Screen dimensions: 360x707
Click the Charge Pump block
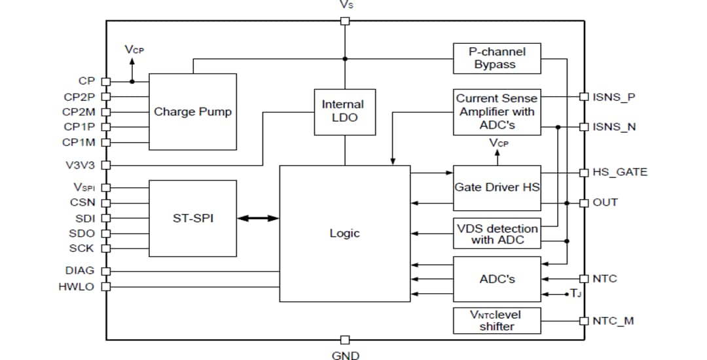[x=192, y=112]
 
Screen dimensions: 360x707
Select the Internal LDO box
[x=344, y=112]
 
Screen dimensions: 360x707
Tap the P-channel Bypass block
[x=497, y=58]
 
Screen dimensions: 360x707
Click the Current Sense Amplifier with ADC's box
[x=497, y=112]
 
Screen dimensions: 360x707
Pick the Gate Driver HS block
[x=497, y=187]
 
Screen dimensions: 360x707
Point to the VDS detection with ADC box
[x=497, y=234]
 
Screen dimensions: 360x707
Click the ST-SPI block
[x=192, y=218]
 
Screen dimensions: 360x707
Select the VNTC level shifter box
[x=497, y=320]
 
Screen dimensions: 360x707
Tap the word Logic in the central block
[x=344, y=234]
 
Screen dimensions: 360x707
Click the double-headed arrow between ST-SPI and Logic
[x=258, y=219]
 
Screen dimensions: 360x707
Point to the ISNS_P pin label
[x=614, y=97]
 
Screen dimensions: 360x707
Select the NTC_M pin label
[x=613, y=321]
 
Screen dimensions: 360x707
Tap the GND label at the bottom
[x=346, y=355]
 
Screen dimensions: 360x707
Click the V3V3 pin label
[x=79, y=165]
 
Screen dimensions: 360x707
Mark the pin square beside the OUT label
[x=584, y=202]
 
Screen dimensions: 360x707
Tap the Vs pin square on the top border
[x=346, y=20]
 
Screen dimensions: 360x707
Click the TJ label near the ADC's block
[x=575, y=294]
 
